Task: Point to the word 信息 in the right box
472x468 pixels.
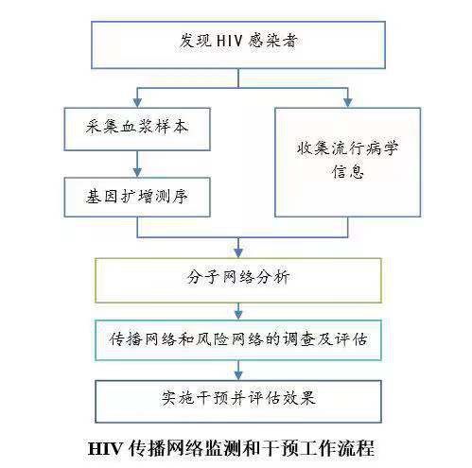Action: (x=348, y=171)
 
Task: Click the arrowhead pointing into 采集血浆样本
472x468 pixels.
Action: (x=137, y=102)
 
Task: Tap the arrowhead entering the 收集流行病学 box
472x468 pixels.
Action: (x=347, y=102)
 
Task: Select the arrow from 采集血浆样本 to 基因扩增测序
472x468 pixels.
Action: (x=137, y=164)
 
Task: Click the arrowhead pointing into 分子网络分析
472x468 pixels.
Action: (x=238, y=252)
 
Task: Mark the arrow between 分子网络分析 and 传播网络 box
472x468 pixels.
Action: (x=238, y=311)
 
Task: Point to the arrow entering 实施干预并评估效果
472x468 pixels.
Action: (x=238, y=371)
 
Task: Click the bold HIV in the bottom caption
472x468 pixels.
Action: (x=105, y=448)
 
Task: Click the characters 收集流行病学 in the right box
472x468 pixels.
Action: (x=347, y=148)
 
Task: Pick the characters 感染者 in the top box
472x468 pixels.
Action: (x=272, y=41)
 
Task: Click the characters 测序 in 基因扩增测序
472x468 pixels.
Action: (x=172, y=197)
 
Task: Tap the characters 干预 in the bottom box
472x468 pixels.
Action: (x=212, y=398)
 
